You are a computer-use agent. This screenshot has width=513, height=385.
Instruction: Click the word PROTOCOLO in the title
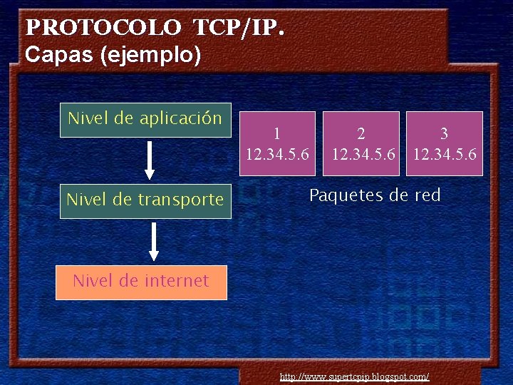pos(103,28)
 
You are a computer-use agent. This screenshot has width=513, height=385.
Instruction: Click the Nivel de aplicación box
pos(145,119)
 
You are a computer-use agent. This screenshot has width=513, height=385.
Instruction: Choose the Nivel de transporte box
pos(145,200)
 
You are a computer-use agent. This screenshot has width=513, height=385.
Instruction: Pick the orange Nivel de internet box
pos(141,282)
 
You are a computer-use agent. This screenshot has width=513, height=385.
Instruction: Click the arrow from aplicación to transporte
pos(150,159)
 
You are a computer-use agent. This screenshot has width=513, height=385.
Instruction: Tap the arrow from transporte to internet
pos(154,242)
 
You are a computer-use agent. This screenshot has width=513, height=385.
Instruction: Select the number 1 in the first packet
pos(277,133)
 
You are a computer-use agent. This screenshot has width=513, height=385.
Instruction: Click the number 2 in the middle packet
pos(361,133)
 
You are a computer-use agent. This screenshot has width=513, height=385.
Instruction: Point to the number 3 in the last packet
pos(445,133)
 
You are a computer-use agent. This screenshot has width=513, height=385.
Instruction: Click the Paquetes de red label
pos(375,195)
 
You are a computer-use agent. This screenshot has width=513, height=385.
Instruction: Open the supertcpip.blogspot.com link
pos(354,376)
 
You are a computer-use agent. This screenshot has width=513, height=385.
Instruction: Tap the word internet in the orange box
pos(175,282)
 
